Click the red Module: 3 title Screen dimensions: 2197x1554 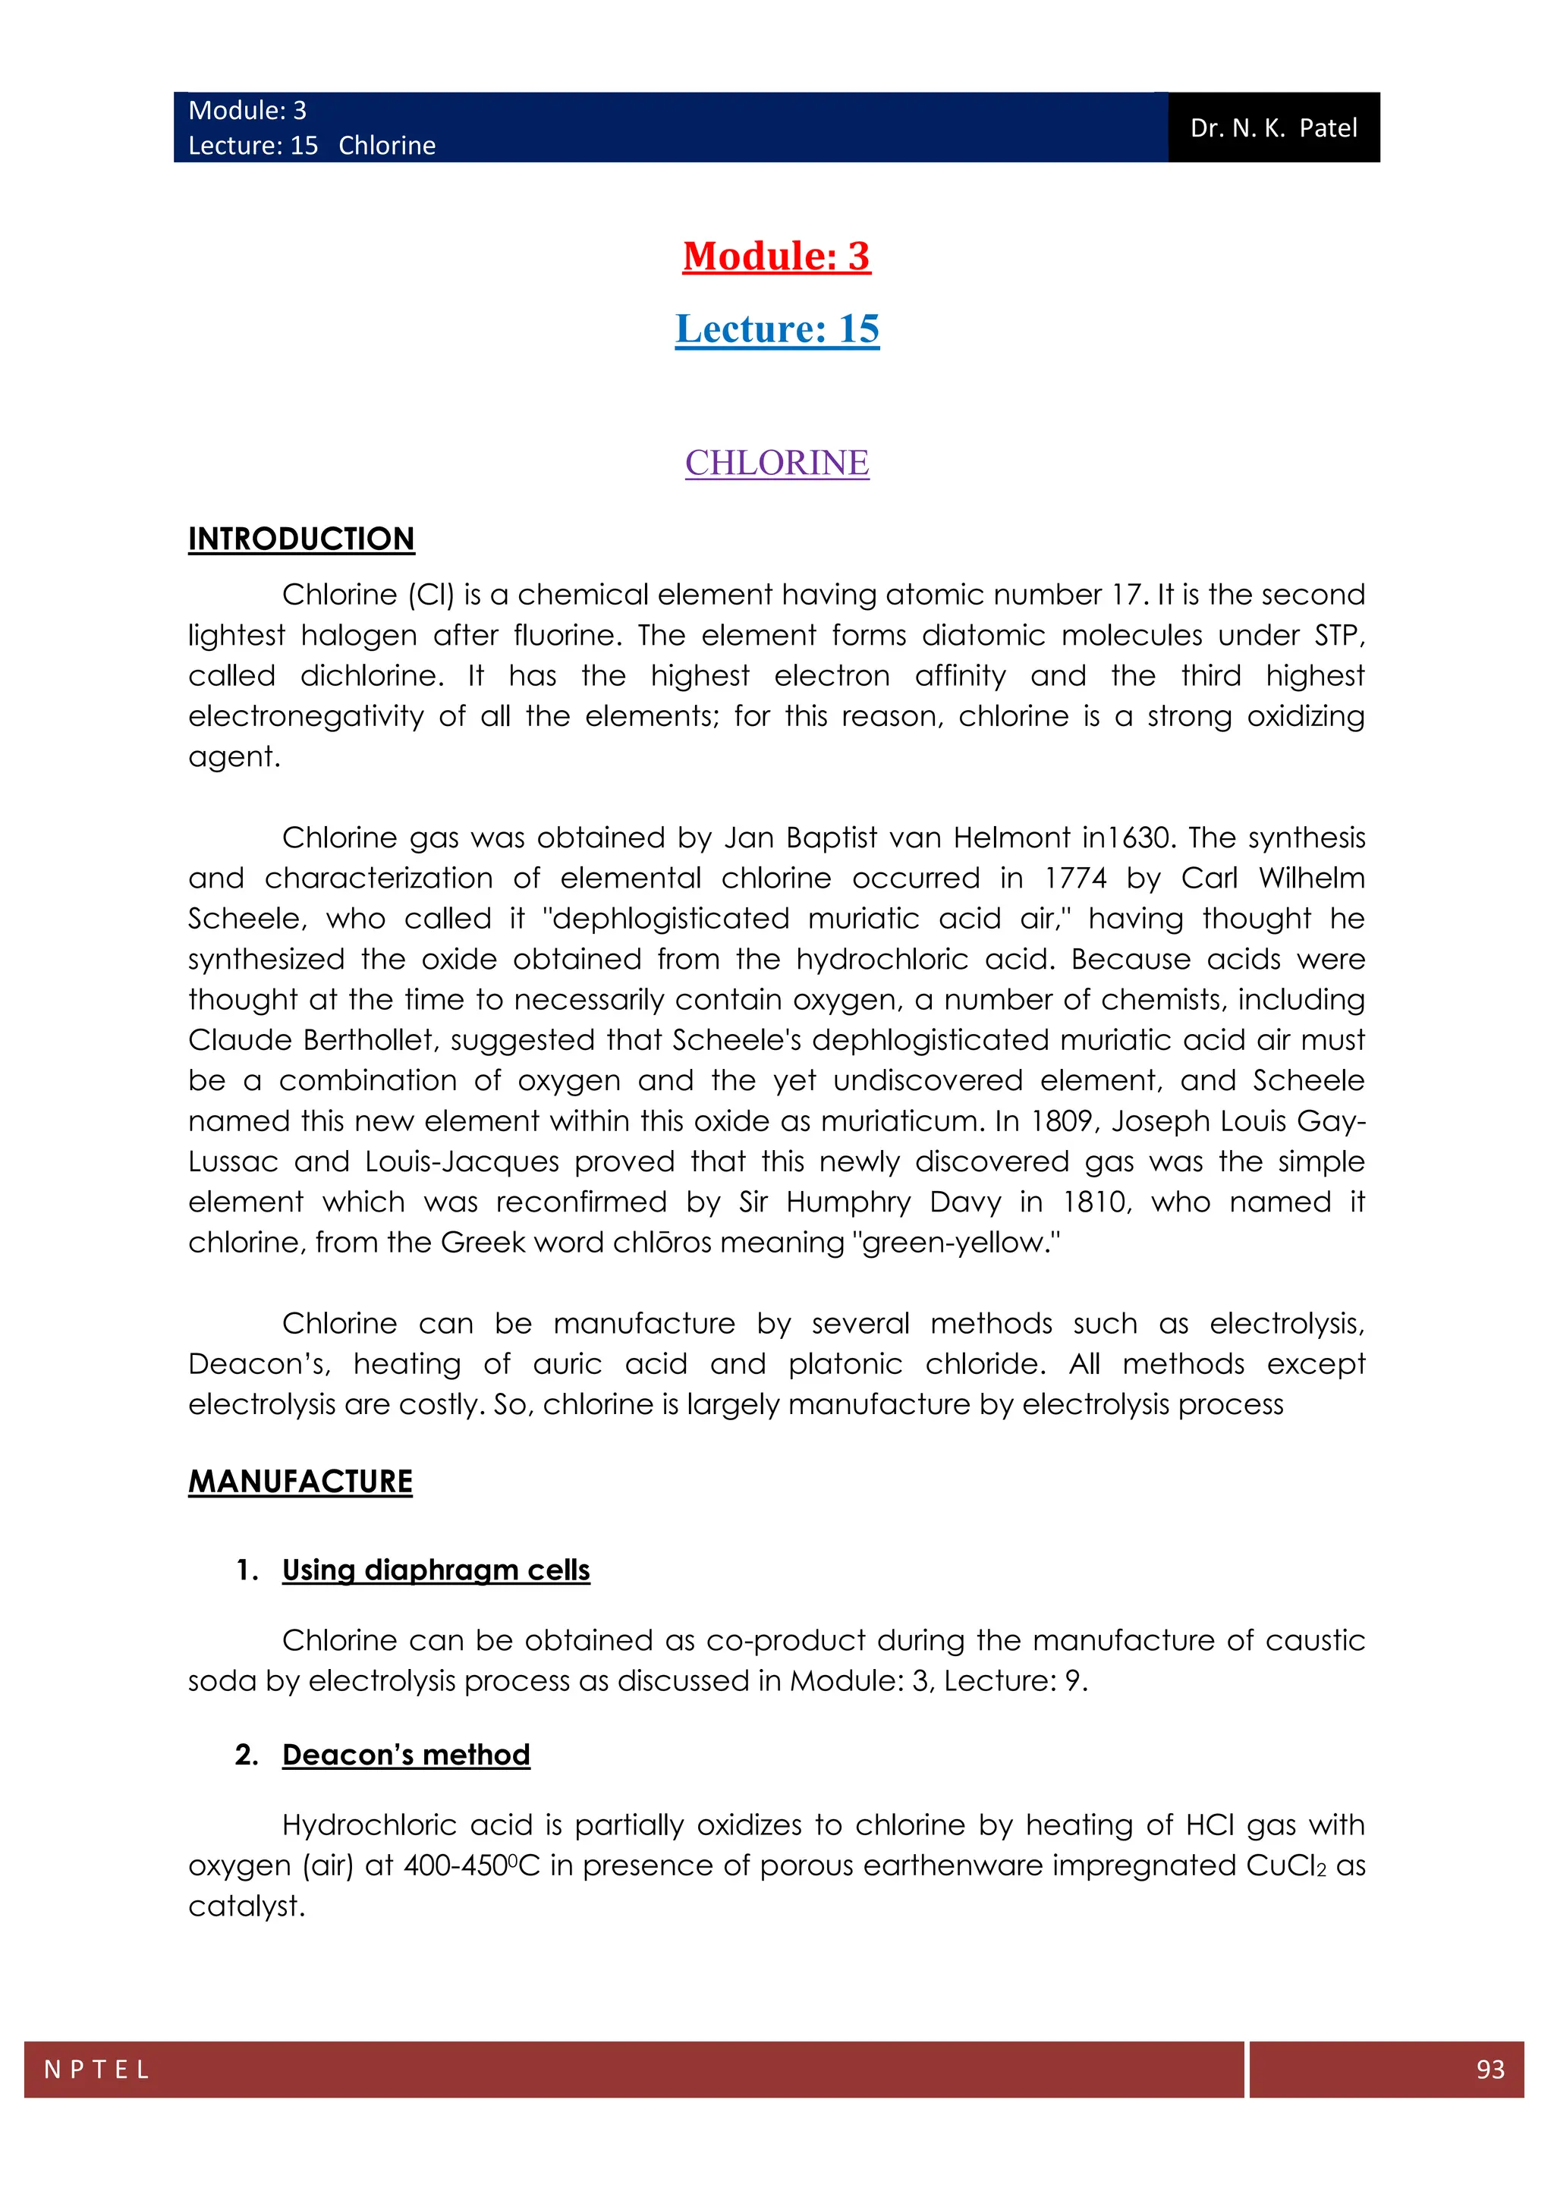[x=776, y=256]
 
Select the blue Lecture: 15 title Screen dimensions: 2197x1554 [x=776, y=328]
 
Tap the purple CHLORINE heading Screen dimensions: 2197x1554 [x=776, y=463]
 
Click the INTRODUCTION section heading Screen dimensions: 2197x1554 [x=301, y=539]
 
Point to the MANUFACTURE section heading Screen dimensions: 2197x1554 [x=300, y=1482]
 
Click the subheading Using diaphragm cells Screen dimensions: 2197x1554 [x=436, y=1570]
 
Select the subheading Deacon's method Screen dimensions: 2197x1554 [x=406, y=1755]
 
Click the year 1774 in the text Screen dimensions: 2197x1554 [x=1074, y=878]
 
